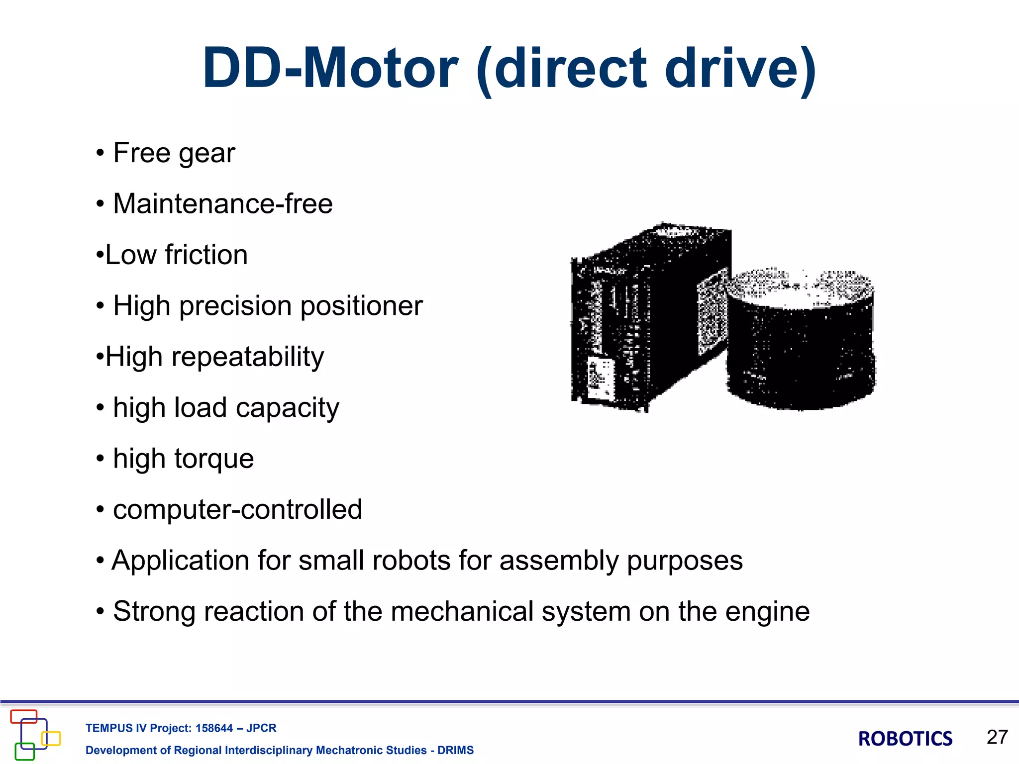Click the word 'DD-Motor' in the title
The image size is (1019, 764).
(330, 68)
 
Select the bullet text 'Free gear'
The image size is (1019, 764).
(174, 153)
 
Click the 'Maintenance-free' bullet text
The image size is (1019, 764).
(222, 204)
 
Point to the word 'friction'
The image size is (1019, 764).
(206, 255)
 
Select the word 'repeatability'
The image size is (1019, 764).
(247, 357)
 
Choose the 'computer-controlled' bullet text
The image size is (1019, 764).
(237, 510)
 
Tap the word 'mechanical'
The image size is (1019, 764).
(462, 612)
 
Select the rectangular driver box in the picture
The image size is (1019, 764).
(647, 318)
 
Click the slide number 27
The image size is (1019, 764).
(997, 737)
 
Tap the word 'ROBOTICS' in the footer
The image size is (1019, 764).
(905, 739)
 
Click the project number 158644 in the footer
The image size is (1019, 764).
(214, 728)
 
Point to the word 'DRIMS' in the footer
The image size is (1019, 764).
(455, 750)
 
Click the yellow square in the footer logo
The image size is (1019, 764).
(51, 739)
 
